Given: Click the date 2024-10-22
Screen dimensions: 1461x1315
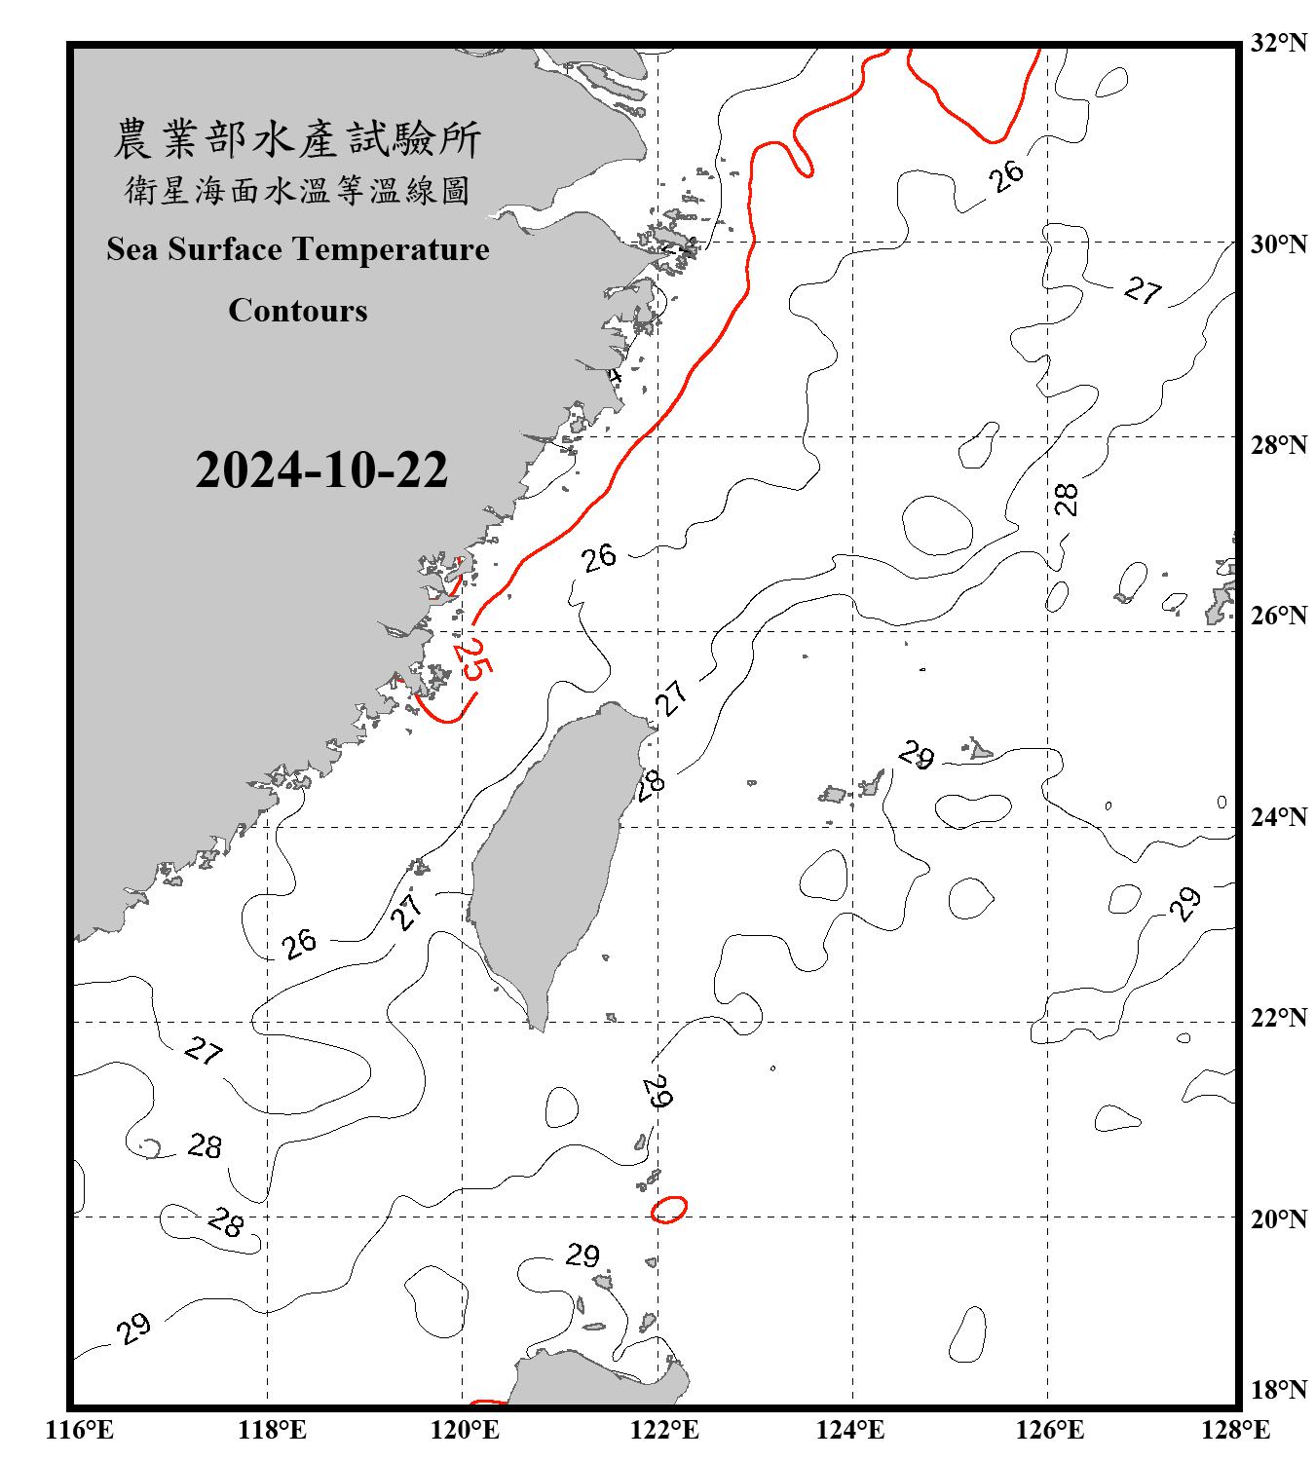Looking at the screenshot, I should point(321,470).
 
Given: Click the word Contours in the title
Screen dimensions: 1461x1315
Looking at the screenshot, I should point(298,311).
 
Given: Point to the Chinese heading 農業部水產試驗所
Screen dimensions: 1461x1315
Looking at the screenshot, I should point(298,139).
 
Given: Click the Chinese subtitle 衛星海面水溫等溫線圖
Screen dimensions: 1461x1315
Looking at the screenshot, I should point(298,190).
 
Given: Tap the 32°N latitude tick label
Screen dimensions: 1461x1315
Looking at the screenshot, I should point(1278,43).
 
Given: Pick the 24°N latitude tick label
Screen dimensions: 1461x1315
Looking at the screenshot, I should point(1278,816).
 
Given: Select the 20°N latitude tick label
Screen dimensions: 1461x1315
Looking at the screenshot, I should point(1278,1218).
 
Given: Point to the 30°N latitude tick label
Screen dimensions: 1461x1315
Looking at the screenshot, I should point(1278,244).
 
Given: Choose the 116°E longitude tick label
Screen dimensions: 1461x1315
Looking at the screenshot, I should point(80,1430).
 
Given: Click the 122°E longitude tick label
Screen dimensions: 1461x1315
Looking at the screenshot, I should point(664,1430).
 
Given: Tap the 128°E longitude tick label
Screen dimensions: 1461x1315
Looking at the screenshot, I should point(1235,1430).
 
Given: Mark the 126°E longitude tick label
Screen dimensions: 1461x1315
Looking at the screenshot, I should point(1050,1430).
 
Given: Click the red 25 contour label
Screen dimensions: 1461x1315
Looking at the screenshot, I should point(473,659).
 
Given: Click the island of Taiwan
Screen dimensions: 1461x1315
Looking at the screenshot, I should point(550,857).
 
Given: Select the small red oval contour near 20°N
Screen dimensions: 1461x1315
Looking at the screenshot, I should point(669,1209).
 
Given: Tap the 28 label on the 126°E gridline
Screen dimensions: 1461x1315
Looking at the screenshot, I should point(1067,500).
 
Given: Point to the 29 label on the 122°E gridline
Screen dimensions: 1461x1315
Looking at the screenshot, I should point(658,1091).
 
